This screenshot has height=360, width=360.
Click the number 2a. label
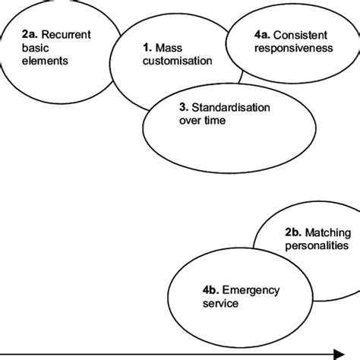[14, 34]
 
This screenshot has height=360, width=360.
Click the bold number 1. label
[146, 49]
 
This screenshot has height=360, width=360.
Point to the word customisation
[177, 62]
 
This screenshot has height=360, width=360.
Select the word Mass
[169, 49]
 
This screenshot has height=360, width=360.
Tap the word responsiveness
[293, 47]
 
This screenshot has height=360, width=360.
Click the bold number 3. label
[185, 106]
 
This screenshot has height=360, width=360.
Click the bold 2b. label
[292, 233]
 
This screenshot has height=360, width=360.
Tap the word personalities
[317, 246]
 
